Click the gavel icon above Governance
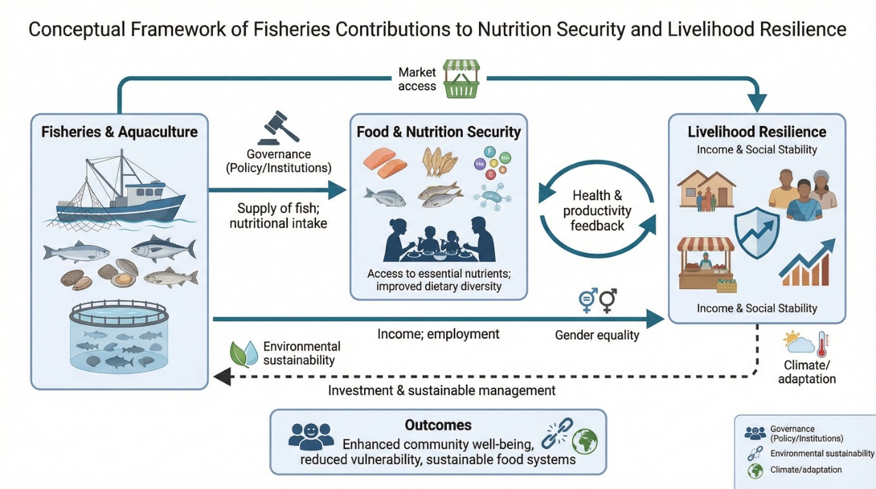[278, 127]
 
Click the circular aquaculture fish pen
[119, 336]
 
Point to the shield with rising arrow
[757, 232]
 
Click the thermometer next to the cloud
[822, 344]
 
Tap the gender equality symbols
[597, 301]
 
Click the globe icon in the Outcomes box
[584, 442]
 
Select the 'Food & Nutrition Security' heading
[439, 131]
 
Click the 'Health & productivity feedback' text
[597, 210]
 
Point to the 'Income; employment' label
[438, 334]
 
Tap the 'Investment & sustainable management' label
[441, 390]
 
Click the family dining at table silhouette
[439, 239]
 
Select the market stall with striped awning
[707, 264]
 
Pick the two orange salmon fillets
[385, 163]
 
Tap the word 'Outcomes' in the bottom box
[438, 425]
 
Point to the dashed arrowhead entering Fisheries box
[222, 377]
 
